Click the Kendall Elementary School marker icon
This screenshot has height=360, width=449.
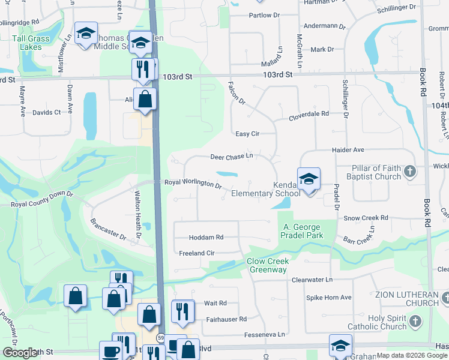pyautogui.click(x=309, y=179)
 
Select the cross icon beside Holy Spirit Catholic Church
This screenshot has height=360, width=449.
pyautogui.click(x=415, y=322)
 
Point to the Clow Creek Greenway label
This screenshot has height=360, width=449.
pyautogui.click(x=268, y=265)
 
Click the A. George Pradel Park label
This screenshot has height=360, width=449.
pyautogui.click(x=303, y=231)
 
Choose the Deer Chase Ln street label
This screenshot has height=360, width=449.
pyautogui.click(x=232, y=157)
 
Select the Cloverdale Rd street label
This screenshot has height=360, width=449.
pyautogui.click(x=309, y=114)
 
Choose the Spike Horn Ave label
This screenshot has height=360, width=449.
pyautogui.click(x=329, y=297)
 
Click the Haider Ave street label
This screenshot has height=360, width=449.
pyautogui.click(x=349, y=149)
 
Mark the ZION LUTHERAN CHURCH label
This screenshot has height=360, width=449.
pyautogui.click(x=406, y=299)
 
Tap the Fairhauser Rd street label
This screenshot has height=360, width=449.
pyautogui.click(x=226, y=319)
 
